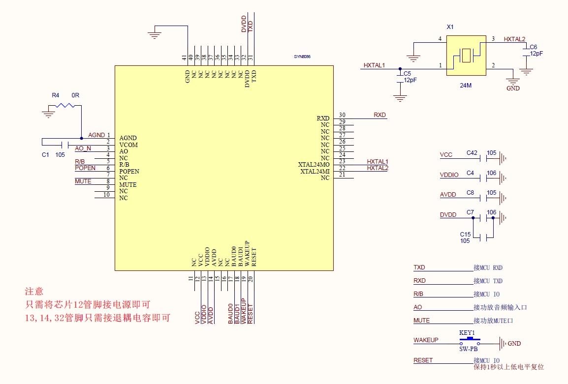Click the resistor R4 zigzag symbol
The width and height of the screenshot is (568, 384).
pos(64,105)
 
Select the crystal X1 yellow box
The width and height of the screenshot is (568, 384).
pos(466,55)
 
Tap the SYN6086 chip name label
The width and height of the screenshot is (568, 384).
pos(302,57)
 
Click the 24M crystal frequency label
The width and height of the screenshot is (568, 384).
pos(465,85)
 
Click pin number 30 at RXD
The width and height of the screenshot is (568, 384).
pos(342,115)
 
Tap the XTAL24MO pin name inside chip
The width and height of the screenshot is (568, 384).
pos(314,164)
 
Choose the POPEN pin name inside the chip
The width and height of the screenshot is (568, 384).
pos(129,171)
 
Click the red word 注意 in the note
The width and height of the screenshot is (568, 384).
pos(34,292)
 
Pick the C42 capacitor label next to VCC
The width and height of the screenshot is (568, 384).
pos(472,153)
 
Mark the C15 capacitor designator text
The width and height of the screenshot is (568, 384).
pos(465,234)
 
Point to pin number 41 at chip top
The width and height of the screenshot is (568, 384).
pos(184,58)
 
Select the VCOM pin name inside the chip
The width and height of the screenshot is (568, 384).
pos(128,145)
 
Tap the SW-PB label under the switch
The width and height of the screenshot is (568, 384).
pos(469,350)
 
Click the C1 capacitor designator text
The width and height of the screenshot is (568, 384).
pos(45,154)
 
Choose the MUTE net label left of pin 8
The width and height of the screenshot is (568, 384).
pos(83,181)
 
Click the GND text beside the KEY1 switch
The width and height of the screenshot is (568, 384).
pos(514,344)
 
